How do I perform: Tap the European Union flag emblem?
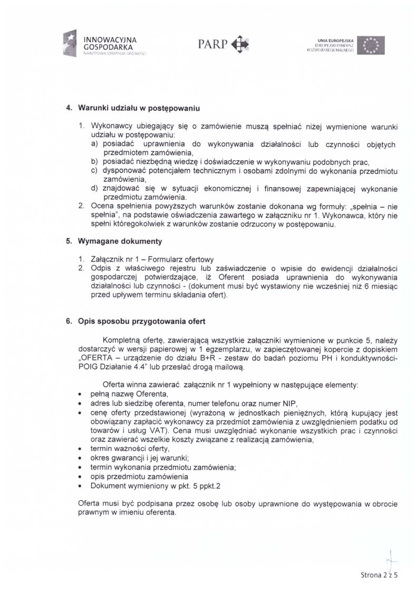pos(371,45)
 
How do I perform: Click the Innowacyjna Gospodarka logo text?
pos(111,43)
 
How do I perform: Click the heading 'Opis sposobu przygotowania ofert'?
pos(142,321)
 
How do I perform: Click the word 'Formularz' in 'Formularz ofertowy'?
pos(164,259)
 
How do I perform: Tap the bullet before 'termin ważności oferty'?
pos(79,449)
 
